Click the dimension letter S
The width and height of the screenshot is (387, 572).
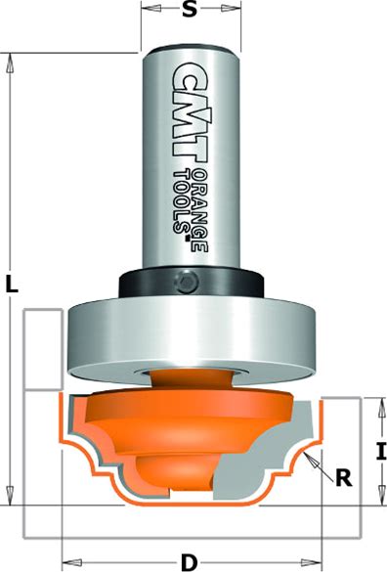[190, 10]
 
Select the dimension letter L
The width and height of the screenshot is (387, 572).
[12, 284]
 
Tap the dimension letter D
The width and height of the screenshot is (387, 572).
[190, 562]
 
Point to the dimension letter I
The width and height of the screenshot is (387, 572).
[381, 452]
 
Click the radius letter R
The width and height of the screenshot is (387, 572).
[344, 477]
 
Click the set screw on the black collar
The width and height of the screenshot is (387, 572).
[186, 282]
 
